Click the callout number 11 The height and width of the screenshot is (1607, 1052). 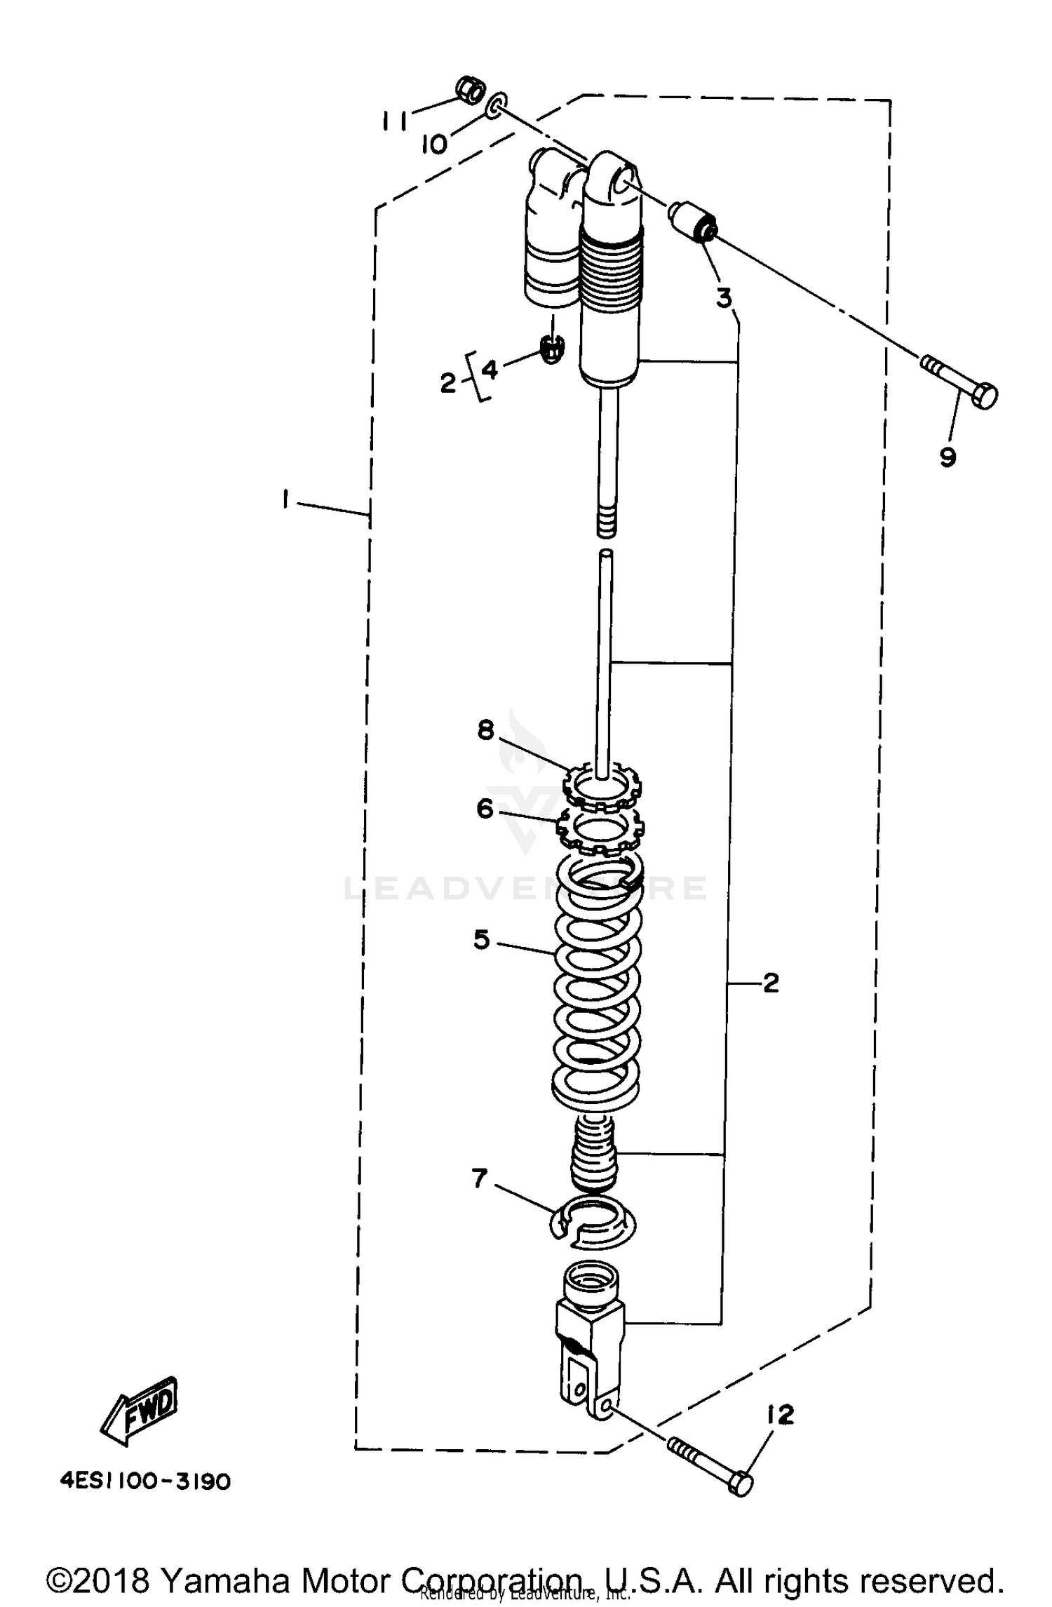[x=393, y=121]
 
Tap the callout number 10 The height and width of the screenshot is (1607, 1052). [x=434, y=144]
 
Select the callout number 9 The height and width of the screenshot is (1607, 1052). [x=947, y=457]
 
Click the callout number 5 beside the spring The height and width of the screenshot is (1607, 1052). [x=481, y=939]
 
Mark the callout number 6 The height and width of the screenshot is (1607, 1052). [x=485, y=809]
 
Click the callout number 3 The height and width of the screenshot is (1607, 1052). [x=724, y=297]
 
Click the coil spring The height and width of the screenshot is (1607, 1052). [x=597, y=982]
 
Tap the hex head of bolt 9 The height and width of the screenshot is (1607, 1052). [x=983, y=396]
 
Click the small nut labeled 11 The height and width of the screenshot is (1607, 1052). [x=470, y=90]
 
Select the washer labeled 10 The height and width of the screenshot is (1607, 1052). [x=496, y=105]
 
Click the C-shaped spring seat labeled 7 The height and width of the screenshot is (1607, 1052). [x=594, y=1224]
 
